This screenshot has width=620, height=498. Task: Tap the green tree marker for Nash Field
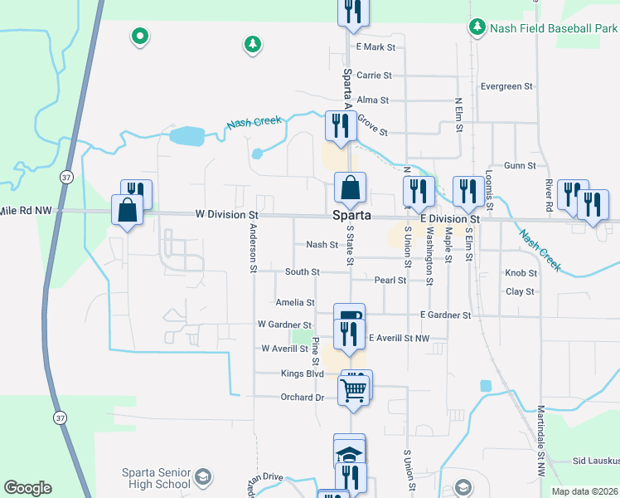(477, 27)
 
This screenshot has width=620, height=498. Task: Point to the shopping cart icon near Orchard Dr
(354, 388)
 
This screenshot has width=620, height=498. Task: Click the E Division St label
(450, 218)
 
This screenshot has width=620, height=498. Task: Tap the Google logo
(27, 488)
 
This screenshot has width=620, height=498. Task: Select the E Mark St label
(373, 47)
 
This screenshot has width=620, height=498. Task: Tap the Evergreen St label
(506, 85)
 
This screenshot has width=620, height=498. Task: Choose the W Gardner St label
(284, 325)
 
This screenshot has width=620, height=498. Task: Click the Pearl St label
(390, 281)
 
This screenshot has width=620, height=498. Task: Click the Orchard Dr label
(302, 397)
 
